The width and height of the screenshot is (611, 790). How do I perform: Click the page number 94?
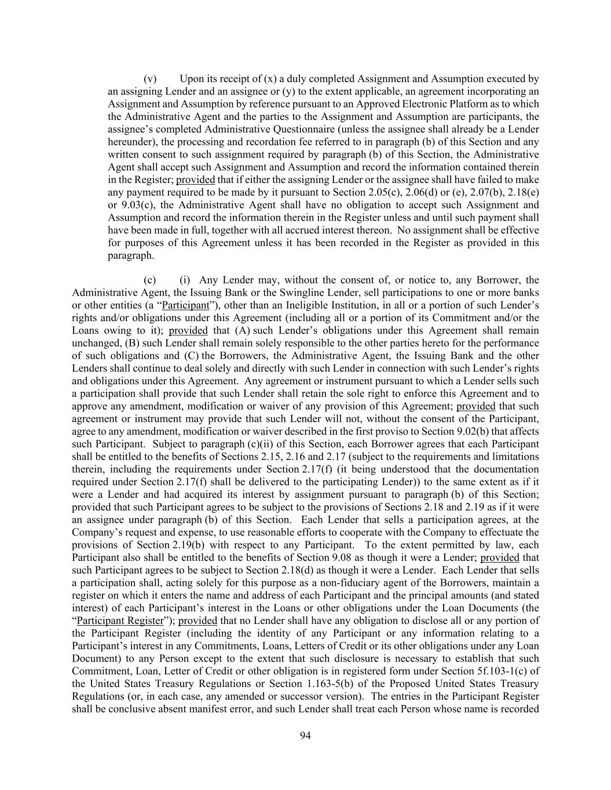306,736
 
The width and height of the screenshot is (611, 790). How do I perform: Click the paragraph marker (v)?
150,79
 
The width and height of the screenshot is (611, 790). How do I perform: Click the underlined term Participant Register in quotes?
120,620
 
